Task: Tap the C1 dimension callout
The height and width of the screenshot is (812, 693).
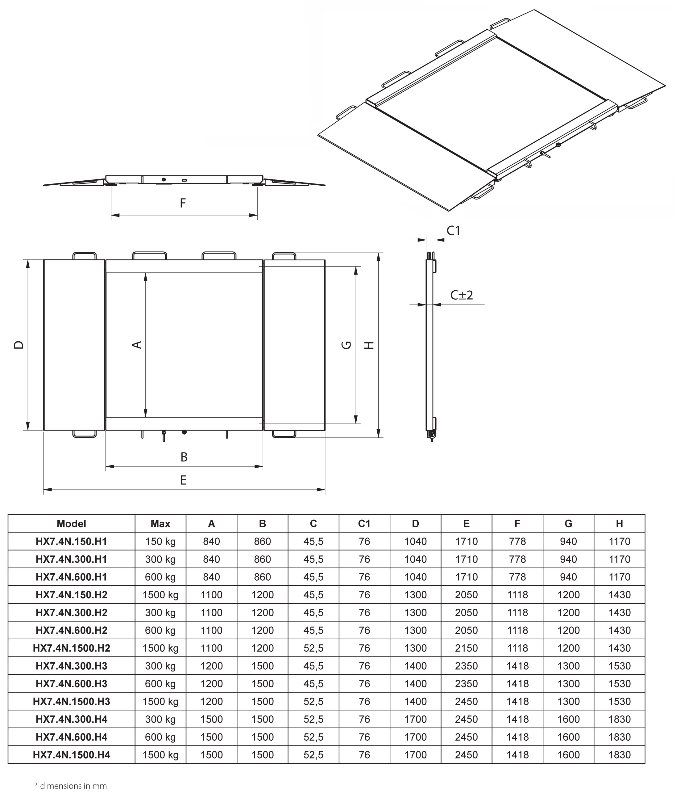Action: [453, 231]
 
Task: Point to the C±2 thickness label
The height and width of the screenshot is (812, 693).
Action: [462, 295]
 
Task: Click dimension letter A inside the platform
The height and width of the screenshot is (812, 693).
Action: [136, 345]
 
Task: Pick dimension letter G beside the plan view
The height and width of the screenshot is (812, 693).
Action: [346, 345]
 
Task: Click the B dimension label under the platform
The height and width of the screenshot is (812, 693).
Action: [184, 457]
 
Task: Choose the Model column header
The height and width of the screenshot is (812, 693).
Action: [71, 524]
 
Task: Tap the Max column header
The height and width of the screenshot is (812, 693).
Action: [160, 524]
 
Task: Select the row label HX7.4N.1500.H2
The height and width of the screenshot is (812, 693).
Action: [71, 648]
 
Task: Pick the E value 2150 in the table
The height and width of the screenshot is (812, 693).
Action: [466, 648]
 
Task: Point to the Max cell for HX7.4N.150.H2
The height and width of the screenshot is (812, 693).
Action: [160, 595]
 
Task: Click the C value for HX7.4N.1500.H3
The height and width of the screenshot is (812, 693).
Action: [313, 701]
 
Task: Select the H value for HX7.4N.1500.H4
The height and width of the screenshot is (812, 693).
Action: [619, 755]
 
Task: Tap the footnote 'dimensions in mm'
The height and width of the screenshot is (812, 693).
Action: [71, 786]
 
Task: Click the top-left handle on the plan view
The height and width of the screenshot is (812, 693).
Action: [85, 256]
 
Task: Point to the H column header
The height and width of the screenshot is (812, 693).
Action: [619, 524]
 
